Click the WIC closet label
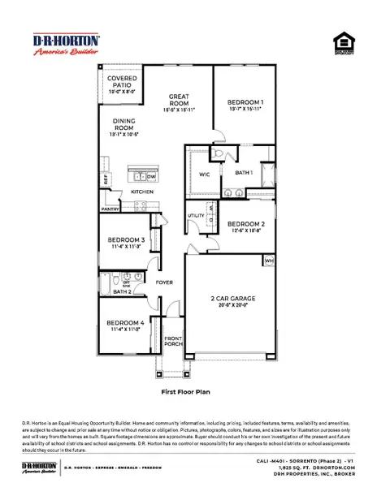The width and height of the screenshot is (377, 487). coord(204,174)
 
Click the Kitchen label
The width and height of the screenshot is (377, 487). coord(142,192)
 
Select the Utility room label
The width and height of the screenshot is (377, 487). coord(196,216)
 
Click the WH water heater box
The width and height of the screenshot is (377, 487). coord(269,261)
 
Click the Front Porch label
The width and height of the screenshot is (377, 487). coord(172,342)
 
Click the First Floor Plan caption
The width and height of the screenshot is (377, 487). coord(188,390)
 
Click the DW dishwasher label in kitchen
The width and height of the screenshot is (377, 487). coord(150,175)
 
